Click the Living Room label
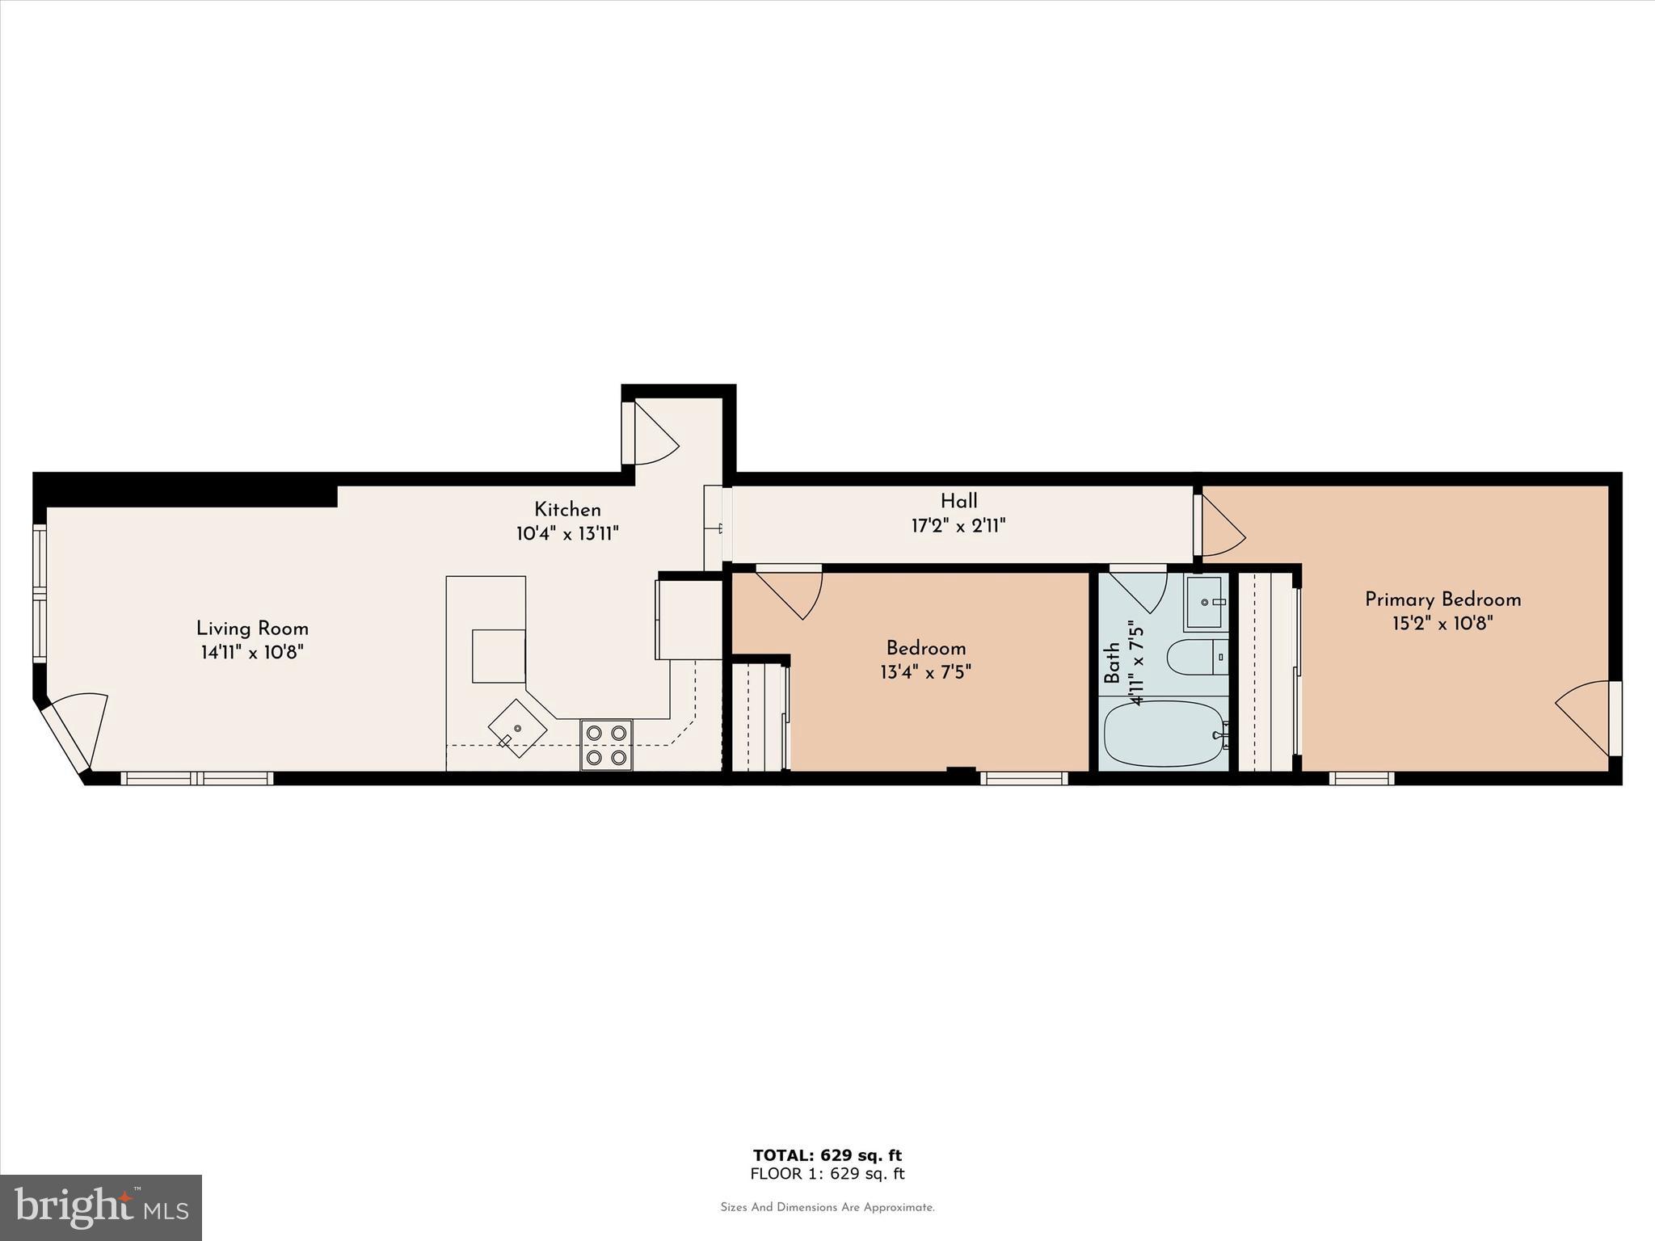pos(252,629)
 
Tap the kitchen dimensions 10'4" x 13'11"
pos(567,534)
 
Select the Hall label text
pos(958,501)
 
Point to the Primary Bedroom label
pos(1442,599)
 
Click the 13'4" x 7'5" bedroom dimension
pos(925,672)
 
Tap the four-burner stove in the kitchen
pos(606,745)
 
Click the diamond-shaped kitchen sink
pos(517,728)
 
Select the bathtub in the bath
pos(1164,734)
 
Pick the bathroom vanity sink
pos(1206,603)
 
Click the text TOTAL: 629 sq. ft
pos(827,1155)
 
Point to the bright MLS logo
pos(101,1207)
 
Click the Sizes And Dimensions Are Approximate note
pos(827,1207)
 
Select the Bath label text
pos(1113,663)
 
